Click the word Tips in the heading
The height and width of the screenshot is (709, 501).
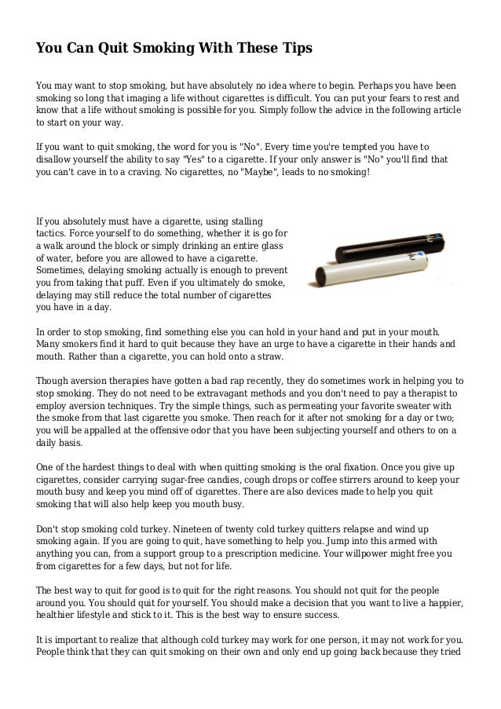pyautogui.click(x=295, y=49)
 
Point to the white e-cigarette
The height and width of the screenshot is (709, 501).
pyautogui.click(x=369, y=274)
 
